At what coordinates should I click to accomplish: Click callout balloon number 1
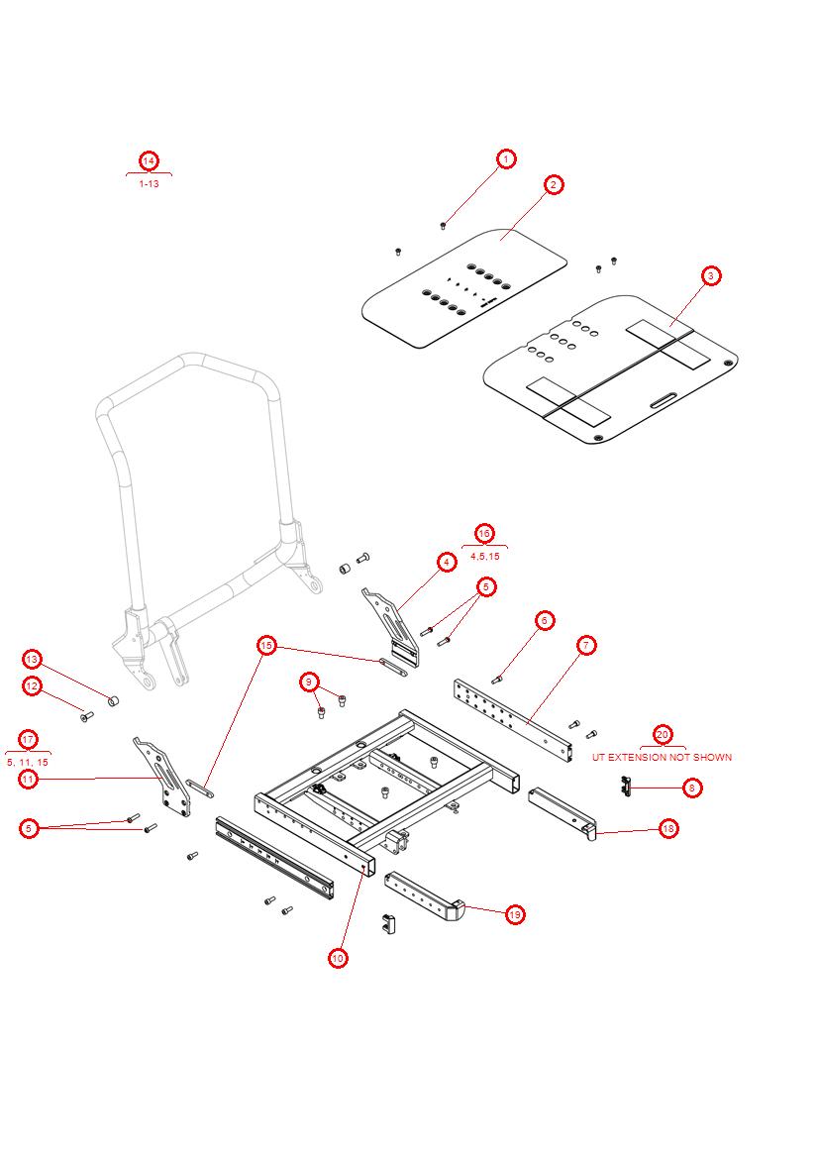point(506,158)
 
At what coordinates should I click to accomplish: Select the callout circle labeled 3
point(711,275)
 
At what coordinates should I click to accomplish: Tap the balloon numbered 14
point(148,160)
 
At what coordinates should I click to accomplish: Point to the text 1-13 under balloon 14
point(149,184)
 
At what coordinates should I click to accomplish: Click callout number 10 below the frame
point(338,958)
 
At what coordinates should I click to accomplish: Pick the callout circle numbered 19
point(515,914)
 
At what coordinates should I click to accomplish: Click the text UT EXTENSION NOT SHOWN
point(662,757)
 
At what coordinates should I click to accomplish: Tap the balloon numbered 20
point(663,735)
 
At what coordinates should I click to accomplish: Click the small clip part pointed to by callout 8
point(625,786)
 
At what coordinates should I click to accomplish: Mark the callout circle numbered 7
point(586,645)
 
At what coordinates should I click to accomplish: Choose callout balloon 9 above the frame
point(310,682)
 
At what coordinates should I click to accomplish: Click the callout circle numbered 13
point(32,660)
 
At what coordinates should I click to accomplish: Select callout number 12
point(32,685)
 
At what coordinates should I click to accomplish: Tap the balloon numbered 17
point(28,739)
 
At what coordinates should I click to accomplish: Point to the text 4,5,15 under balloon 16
point(485,557)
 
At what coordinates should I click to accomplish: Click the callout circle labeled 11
point(28,780)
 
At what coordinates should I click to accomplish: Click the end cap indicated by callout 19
point(455,909)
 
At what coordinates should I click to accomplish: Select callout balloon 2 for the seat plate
point(554,184)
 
